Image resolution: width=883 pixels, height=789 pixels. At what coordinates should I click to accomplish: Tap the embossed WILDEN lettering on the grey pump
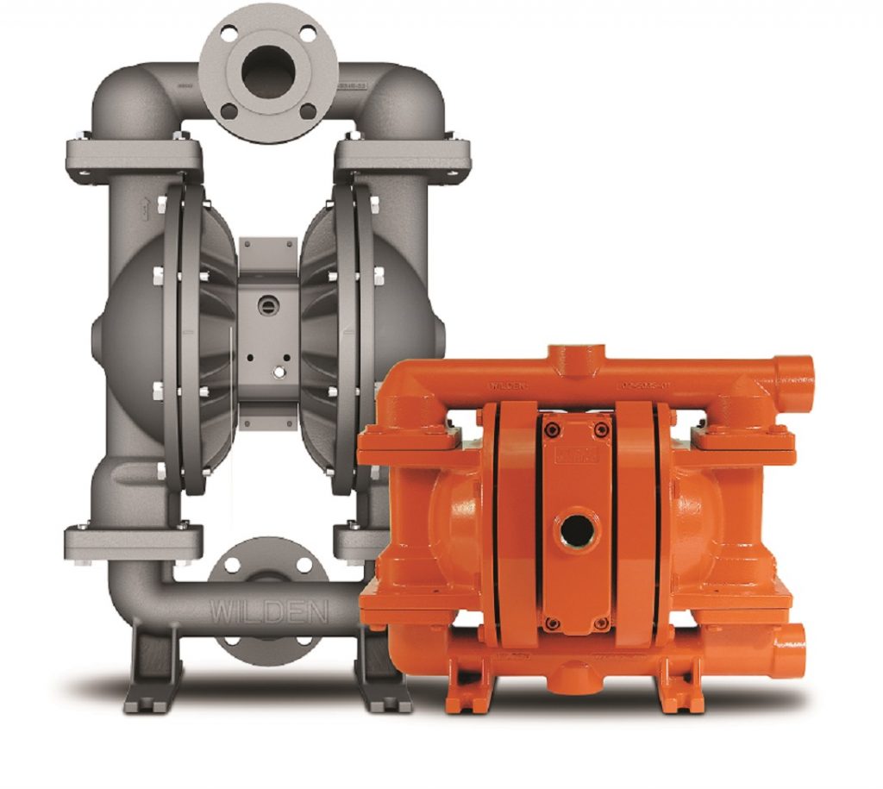[x=269, y=614]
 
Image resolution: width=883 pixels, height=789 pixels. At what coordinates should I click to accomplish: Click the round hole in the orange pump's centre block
[x=570, y=528]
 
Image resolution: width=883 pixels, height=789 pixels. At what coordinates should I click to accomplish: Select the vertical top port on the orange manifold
[x=570, y=356]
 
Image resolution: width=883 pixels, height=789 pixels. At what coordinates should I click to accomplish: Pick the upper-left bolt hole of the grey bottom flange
[x=233, y=567]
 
